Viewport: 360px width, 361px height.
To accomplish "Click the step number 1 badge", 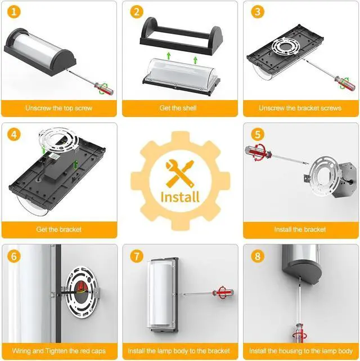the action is [14, 12].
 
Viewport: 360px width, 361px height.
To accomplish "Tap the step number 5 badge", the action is [258, 134].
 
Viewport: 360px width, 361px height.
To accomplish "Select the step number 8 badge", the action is [258, 256].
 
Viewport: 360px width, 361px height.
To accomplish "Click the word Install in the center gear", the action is [180, 197].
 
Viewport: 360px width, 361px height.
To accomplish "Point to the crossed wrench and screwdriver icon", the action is [180, 173].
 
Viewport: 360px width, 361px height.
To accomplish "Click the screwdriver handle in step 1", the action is [103, 88].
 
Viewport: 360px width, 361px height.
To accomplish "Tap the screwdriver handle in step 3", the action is [342, 82].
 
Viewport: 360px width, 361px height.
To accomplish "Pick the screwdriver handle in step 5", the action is [258, 153].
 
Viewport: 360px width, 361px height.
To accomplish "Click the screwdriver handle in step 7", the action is [223, 293].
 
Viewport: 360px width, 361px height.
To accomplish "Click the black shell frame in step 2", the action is [181, 37].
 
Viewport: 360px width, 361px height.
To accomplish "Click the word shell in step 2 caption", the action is [190, 108].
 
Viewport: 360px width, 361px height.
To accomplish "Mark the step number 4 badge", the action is [14, 134].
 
